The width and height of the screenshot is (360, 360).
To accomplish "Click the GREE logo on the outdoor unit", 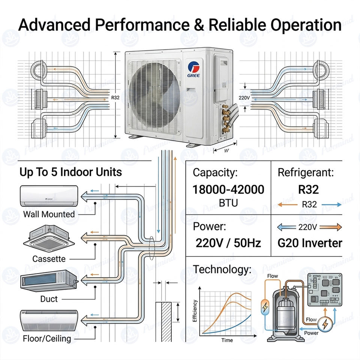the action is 193,69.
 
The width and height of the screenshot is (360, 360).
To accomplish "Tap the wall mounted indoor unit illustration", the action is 49,196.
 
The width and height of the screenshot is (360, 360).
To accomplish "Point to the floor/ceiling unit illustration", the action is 49,320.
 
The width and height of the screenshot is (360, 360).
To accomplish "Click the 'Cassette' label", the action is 49,259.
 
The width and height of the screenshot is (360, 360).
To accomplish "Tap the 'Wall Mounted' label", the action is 49,214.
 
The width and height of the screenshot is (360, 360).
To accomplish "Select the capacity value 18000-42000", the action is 228,190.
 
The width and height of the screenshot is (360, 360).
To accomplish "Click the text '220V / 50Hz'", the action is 228,243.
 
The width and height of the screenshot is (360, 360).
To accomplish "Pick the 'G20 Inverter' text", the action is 310,243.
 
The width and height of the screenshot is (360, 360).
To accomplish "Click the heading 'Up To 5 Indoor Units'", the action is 70,172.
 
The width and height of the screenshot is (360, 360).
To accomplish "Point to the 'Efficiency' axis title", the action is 195,310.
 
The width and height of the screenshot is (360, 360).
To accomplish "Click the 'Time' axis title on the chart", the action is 227,340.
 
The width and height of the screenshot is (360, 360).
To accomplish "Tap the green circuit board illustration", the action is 325,290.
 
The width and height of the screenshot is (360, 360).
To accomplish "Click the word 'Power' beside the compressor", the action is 311,333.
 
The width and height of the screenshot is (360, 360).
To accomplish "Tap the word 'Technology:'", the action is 222,270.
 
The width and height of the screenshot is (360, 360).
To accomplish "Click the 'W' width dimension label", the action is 226,151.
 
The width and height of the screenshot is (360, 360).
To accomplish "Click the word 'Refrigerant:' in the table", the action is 306,172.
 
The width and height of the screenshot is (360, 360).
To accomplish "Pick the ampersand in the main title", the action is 199,25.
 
